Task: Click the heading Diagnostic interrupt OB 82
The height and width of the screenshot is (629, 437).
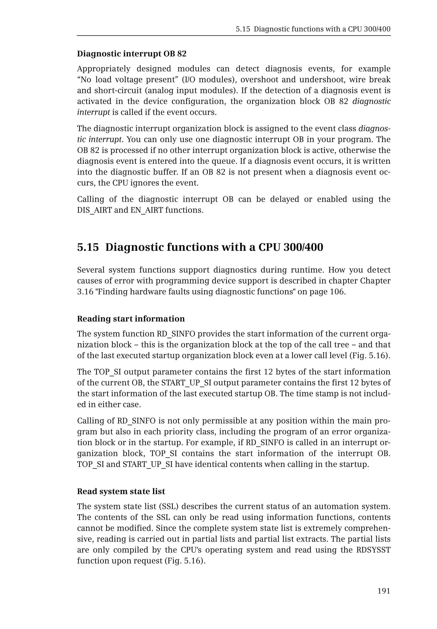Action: click(x=131, y=54)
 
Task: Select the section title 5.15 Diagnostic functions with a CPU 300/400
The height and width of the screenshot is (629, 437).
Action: click(x=200, y=247)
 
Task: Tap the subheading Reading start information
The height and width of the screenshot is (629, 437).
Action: click(x=131, y=319)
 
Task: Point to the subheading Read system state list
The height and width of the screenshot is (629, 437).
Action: click(x=121, y=491)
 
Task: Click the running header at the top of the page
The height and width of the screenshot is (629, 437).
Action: click(x=313, y=29)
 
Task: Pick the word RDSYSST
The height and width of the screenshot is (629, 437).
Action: click(x=373, y=550)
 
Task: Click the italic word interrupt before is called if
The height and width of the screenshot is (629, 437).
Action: click(x=93, y=112)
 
